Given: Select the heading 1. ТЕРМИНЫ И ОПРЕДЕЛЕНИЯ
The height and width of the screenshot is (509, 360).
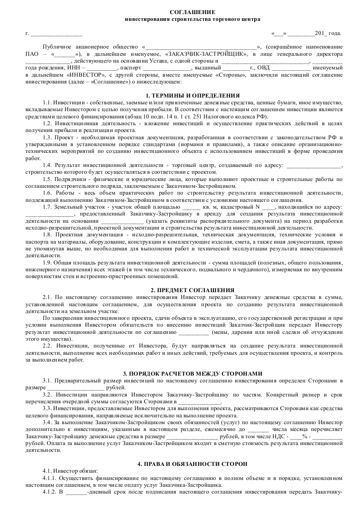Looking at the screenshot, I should coord(192,96).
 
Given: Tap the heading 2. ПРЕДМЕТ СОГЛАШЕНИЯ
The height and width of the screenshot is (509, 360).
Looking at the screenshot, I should coord(192,290).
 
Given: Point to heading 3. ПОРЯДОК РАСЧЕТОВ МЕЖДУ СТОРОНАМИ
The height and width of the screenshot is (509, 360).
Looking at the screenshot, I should coord(192,373).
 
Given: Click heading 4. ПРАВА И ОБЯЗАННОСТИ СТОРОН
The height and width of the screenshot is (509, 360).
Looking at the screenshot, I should coord(192,464).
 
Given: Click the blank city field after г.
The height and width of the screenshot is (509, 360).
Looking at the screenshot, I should coord(56,34).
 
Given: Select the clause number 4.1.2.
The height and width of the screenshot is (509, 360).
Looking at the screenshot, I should coord(49,492).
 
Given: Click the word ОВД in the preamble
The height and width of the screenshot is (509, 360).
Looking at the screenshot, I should coord(264,68).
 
